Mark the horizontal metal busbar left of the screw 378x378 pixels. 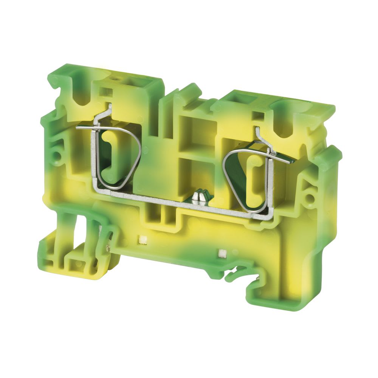click(151, 194)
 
